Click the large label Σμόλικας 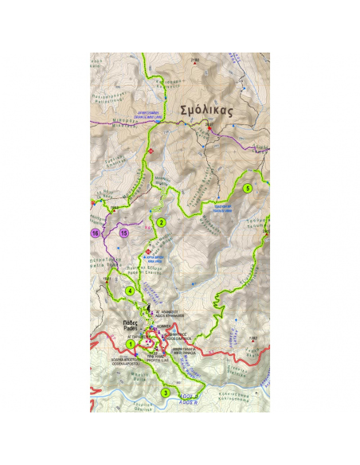coord(206,111)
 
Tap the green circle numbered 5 coord(248,188)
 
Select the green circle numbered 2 coord(161,222)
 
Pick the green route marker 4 coord(130,291)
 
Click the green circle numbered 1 coord(130,344)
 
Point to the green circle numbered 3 coord(166,392)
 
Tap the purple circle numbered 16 coord(96,233)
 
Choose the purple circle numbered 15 coord(124,233)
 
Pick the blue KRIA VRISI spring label coord(155,260)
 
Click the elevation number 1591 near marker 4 coord(107,279)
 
